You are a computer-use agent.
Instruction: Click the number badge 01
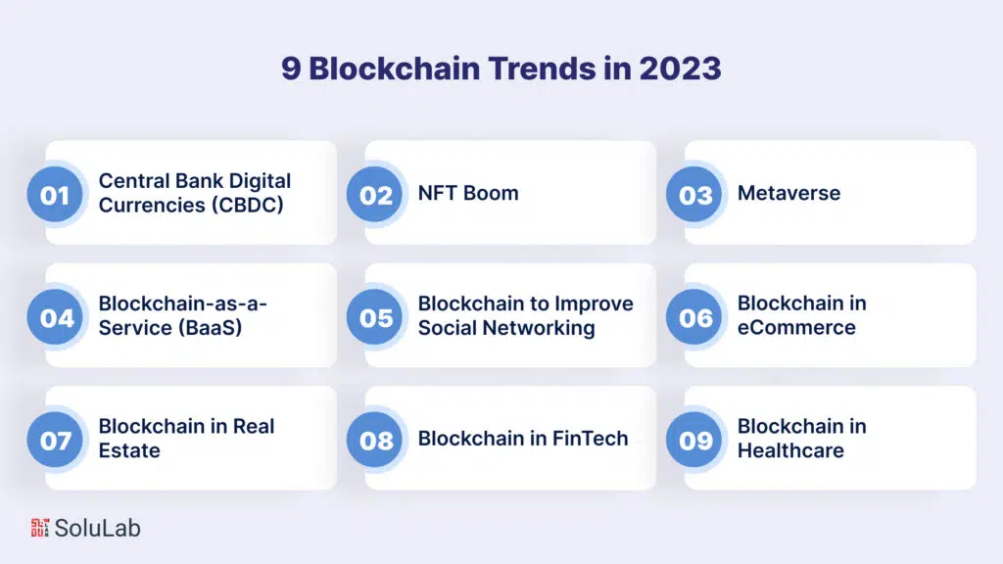55,195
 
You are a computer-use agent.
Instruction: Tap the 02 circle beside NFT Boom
375,195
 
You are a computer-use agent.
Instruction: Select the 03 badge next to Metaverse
694,195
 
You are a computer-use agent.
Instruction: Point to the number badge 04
55,317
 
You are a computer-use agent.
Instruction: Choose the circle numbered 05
375,317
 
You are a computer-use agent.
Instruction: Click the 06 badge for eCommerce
694,317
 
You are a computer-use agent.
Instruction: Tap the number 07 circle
55,440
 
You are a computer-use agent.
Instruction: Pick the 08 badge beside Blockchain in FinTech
375,440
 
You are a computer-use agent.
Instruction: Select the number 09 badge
694,440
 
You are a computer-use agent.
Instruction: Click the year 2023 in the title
680,69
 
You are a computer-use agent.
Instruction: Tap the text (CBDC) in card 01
247,206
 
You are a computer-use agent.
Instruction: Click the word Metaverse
788,193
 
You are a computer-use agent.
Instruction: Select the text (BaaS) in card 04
210,327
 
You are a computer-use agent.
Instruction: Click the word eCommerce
796,327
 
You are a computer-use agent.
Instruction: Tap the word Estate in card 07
129,450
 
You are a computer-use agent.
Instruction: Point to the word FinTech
590,439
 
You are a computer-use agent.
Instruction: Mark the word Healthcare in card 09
790,450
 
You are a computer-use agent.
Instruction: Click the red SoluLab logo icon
39,528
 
